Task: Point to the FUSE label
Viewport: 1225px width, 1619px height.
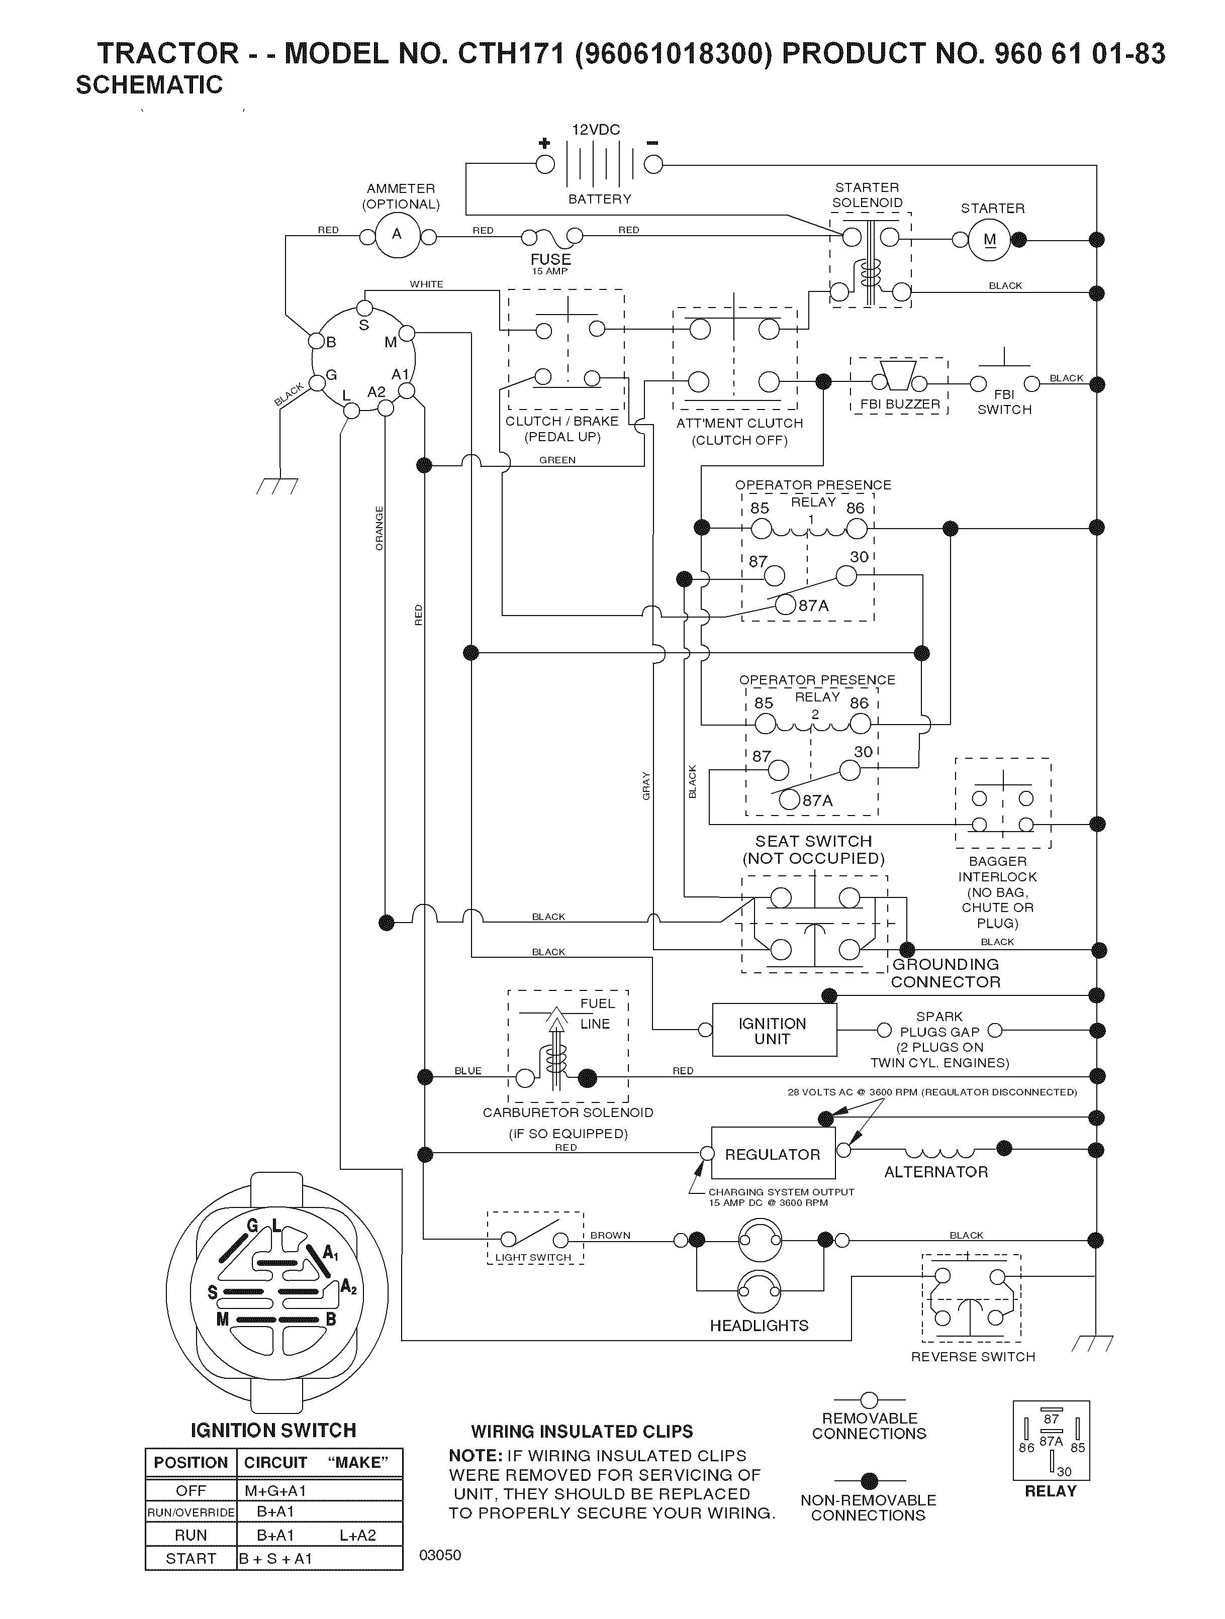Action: (x=550, y=259)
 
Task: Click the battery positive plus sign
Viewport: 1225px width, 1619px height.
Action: (x=544, y=143)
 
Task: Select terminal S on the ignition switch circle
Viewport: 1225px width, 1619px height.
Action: (x=364, y=308)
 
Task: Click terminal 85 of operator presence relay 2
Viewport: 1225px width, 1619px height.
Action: (x=765, y=724)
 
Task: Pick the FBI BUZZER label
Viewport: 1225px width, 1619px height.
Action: (x=900, y=404)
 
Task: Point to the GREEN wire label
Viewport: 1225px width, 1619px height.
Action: (x=557, y=460)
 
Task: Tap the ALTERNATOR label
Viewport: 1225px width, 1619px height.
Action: (x=936, y=1172)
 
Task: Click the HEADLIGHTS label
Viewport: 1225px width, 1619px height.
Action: (x=760, y=1326)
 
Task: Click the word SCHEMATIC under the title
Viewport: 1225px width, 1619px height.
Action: (x=149, y=85)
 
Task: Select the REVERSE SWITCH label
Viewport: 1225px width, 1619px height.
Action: (x=973, y=1356)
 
